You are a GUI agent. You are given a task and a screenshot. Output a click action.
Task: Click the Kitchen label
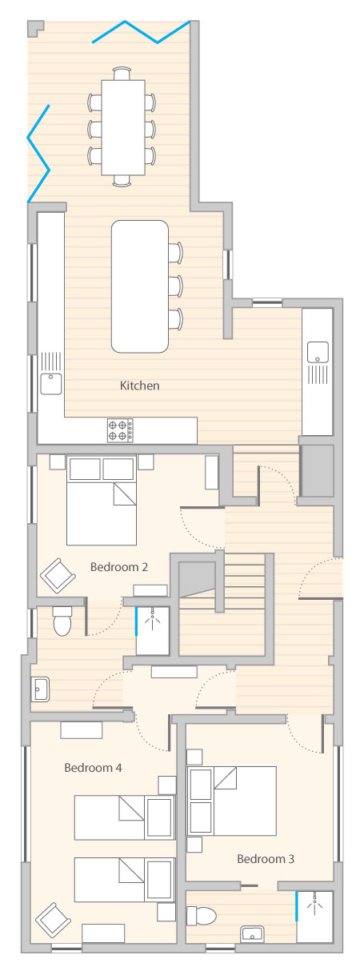pos(139,386)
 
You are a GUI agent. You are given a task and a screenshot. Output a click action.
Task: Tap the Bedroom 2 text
pos(119,567)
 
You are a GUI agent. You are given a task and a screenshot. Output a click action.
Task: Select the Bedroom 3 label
pos(266,859)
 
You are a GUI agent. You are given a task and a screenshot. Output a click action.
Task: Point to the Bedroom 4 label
pos(93,768)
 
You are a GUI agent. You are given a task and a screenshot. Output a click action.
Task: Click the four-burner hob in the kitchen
pos(120,430)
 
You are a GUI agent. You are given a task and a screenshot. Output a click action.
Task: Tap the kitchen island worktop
pos(140,286)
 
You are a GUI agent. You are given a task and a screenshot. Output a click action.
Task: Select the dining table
pos(123,127)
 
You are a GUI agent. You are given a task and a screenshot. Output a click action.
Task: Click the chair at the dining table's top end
pos(122,73)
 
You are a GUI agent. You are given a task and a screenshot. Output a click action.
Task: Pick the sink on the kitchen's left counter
pos(51,384)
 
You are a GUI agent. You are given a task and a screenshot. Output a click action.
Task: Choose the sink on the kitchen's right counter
pos(318,352)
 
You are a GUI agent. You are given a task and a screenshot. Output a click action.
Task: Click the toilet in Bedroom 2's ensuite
pos(62,621)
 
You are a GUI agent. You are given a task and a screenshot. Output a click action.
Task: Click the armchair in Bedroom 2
pos(58,576)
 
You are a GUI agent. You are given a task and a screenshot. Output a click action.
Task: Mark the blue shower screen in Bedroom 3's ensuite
pos(297,906)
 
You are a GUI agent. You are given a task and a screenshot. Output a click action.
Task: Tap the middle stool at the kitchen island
pos(176,286)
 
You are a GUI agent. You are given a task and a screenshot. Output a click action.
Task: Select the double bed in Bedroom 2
pos(102,500)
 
